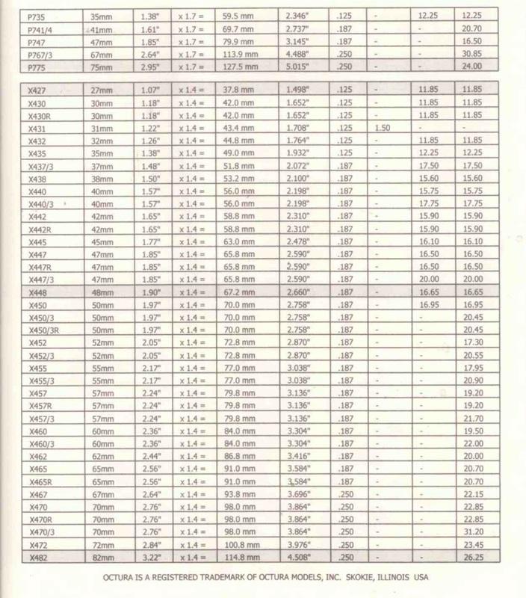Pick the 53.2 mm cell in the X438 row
tap(241, 180)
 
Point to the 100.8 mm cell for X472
tap(243, 546)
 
